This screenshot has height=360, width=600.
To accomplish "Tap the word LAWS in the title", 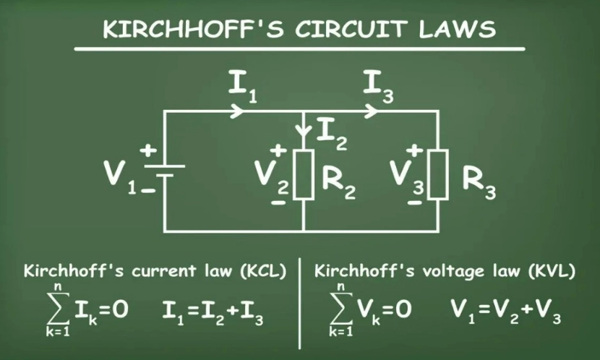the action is click(458, 29).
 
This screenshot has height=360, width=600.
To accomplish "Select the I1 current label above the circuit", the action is click(243, 87).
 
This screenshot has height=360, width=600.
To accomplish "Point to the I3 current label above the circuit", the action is click(378, 87).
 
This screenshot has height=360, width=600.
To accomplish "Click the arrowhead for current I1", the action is click(237, 111).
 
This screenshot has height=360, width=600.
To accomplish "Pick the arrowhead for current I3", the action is click(371, 111).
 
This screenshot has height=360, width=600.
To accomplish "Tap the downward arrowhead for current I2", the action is click(304, 131).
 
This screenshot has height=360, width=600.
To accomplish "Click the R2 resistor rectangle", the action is click(304, 175).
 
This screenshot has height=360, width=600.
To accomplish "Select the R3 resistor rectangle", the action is click(438, 175).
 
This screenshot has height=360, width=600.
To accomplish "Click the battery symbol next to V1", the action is click(165, 171).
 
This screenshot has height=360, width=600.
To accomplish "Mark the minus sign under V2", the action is click(278, 202).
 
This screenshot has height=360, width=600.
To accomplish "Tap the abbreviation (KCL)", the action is click(263, 271).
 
